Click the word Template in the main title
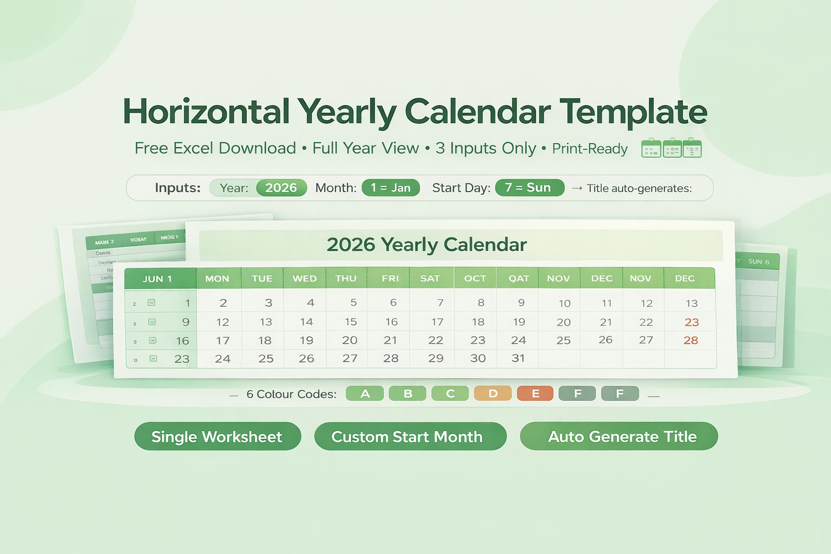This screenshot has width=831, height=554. pyautogui.click(x=633, y=112)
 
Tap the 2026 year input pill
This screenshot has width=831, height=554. pyautogui.click(x=281, y=188)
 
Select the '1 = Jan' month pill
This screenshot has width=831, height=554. pyautogui.click(x=391, y=188)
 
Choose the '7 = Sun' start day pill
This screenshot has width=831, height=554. pyautogui.click(x=529, y=188)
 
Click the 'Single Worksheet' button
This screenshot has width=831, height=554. pyautogui.click(x=217, y=437)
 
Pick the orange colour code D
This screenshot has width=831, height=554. pyautogui.click(x=493, y=393)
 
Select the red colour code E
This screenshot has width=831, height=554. pyautogui.click(x=535, y=393)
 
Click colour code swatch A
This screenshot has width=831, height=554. pyautogui.click(x=365, y=393)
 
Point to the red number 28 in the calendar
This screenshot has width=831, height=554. pyautogui.click(x=691, y=340)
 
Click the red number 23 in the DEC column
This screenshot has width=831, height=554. pyautogui.click(x=691, y=322)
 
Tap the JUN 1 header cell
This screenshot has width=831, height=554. pyautogui.click(x=157, y=279)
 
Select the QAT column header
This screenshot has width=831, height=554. pyautogui.click(x=518, y=278)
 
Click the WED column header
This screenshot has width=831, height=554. pyautogui.click(x=305, y=278)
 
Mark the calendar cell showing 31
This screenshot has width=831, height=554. pyautogui.click(x=518, y=358)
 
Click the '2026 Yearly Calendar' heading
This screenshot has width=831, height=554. pyautogui.click(x=426, y=245)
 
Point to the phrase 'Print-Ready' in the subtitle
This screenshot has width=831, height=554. pyautogui.click(x=590, y=149)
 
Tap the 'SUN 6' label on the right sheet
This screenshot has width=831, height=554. pyautogui.click(x=759, y=261)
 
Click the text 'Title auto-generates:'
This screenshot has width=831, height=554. pyautogui.click(x=639, y=188)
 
